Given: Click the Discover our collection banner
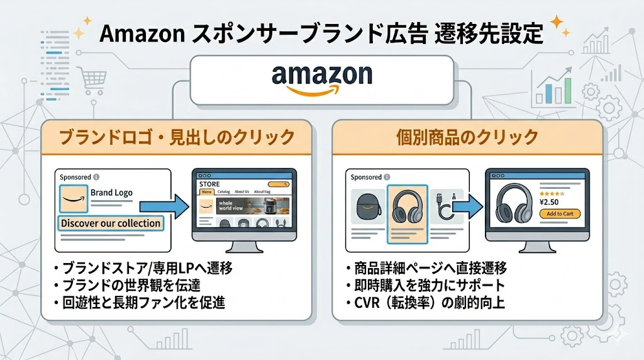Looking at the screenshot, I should coord(111,223).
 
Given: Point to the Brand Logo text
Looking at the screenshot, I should coord(111,193).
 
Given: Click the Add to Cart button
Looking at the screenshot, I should coord(560,213).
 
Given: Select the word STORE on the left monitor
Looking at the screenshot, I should coord(209,184).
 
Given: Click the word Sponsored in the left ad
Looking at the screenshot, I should coord(75,177).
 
